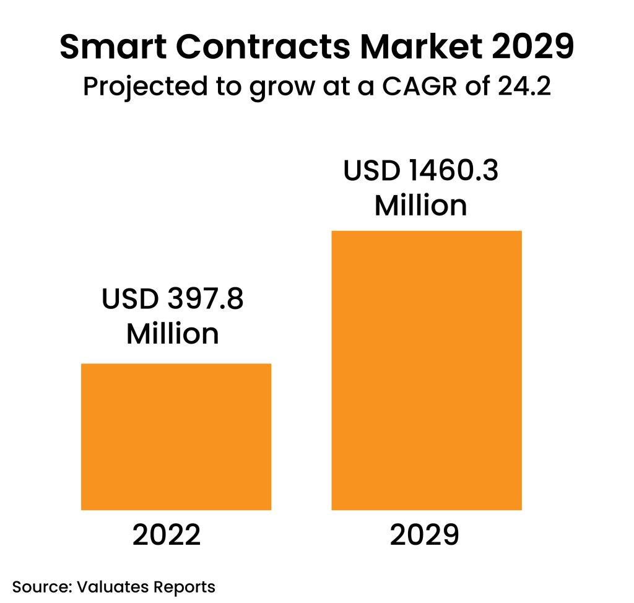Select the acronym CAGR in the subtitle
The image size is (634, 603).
coord(421,87)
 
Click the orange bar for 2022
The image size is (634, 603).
coord(176,436)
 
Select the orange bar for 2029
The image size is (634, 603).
coord(427,370)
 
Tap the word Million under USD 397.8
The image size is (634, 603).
coord(173,334)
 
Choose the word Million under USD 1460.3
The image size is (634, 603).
coord(420,205)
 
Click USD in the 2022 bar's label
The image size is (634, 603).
coord(126,301)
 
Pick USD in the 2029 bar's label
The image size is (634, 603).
coord(369,171)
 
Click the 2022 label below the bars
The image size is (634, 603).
coord(167,535)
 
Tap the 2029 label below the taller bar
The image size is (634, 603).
coord(425,535)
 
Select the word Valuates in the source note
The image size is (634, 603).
coord(116,586)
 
